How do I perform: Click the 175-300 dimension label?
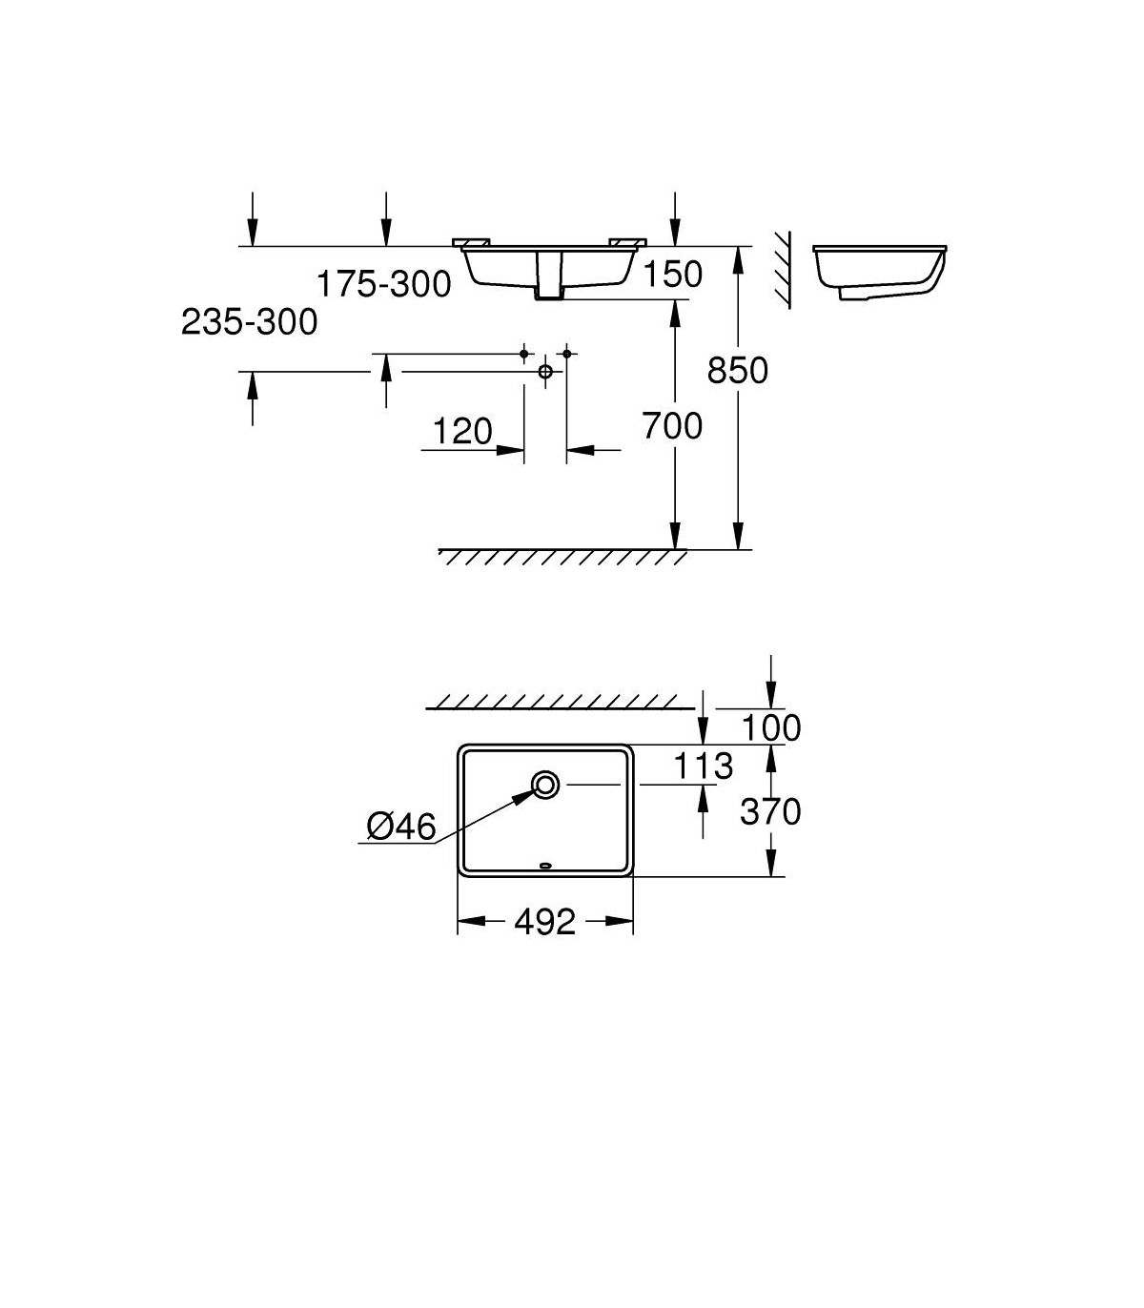pyautogui.click(x=384, y=284)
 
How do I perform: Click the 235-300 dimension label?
pyautogui.click(x=249, y=321)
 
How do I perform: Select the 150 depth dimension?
pyautogui.click(x=672, y=275)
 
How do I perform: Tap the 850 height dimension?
pyautogui.click(x=738, y=370)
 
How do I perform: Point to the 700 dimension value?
pyautogui.click(x=672, y=426)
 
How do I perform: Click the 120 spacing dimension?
pyautogui.click(x=462, y=431)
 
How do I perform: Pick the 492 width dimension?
pyautogui.click(x=545, y=922)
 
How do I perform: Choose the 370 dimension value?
pyautogui.click(x=770, y=812)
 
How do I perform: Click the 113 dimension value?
pyautogui.click(x=704, y=766)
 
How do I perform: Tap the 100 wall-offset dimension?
pyautogui.click(x=770, y=727)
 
